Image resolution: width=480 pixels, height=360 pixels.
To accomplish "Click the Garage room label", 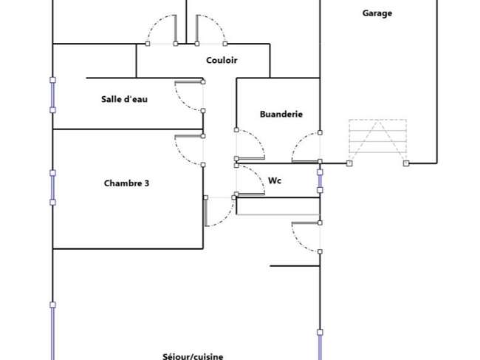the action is (x=377, y=13).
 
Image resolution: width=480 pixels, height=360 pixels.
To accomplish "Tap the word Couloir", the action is (x=222, y=60).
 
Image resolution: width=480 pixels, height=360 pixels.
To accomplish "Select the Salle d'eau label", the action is (x=124, y=99).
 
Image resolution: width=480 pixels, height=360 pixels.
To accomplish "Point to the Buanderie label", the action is (x=281, y=114).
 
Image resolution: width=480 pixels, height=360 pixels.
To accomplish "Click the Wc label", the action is (x=275, y=180).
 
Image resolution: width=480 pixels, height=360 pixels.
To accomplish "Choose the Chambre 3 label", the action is (x=126, y=183).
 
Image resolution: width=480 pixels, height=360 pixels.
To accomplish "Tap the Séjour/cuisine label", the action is (x=193, y=356).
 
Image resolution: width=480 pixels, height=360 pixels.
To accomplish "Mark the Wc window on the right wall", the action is (x=320, y=181).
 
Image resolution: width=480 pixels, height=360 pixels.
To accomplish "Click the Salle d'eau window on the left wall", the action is (x=52, y=95).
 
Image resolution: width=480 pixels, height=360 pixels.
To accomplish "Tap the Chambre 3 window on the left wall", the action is (x=52, y=188).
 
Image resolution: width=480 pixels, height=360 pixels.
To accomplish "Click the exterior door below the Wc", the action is (x=298, y=244).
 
